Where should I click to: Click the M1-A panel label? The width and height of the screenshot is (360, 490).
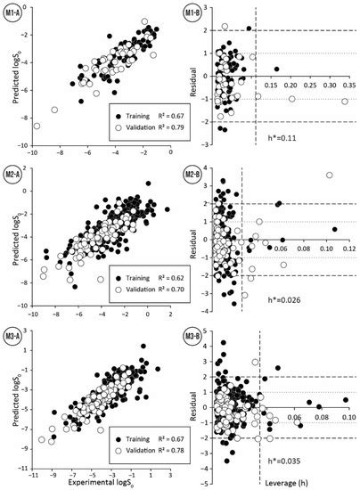coord(14,12)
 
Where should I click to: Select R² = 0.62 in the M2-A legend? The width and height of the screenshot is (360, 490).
coord(156,278)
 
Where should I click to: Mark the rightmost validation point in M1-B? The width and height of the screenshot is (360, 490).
coord(344,102)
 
